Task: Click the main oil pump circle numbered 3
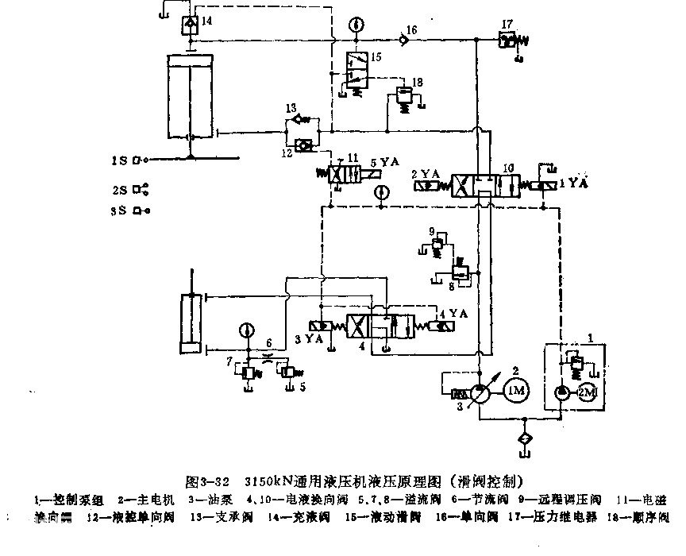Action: point(479,393)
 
